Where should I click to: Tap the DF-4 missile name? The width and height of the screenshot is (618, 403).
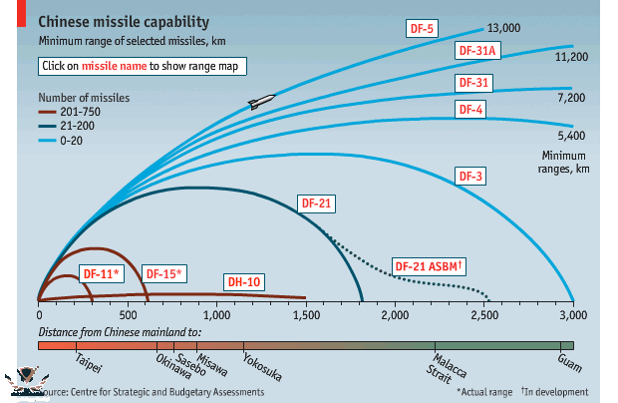[x=470, y=108]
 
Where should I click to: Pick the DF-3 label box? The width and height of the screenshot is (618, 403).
[x=470, y=176]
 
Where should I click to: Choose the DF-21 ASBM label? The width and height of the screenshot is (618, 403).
[x=431, y=266]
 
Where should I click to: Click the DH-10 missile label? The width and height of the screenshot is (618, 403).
[x=242, y=282]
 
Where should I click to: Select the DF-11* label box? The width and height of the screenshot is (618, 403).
[x=101, y=273]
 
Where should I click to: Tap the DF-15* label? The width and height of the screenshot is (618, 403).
[x=165, y=273]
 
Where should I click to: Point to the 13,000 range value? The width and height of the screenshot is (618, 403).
[x=505, y=28]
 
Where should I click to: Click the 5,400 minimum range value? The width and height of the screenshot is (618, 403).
[x=571, y=135]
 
